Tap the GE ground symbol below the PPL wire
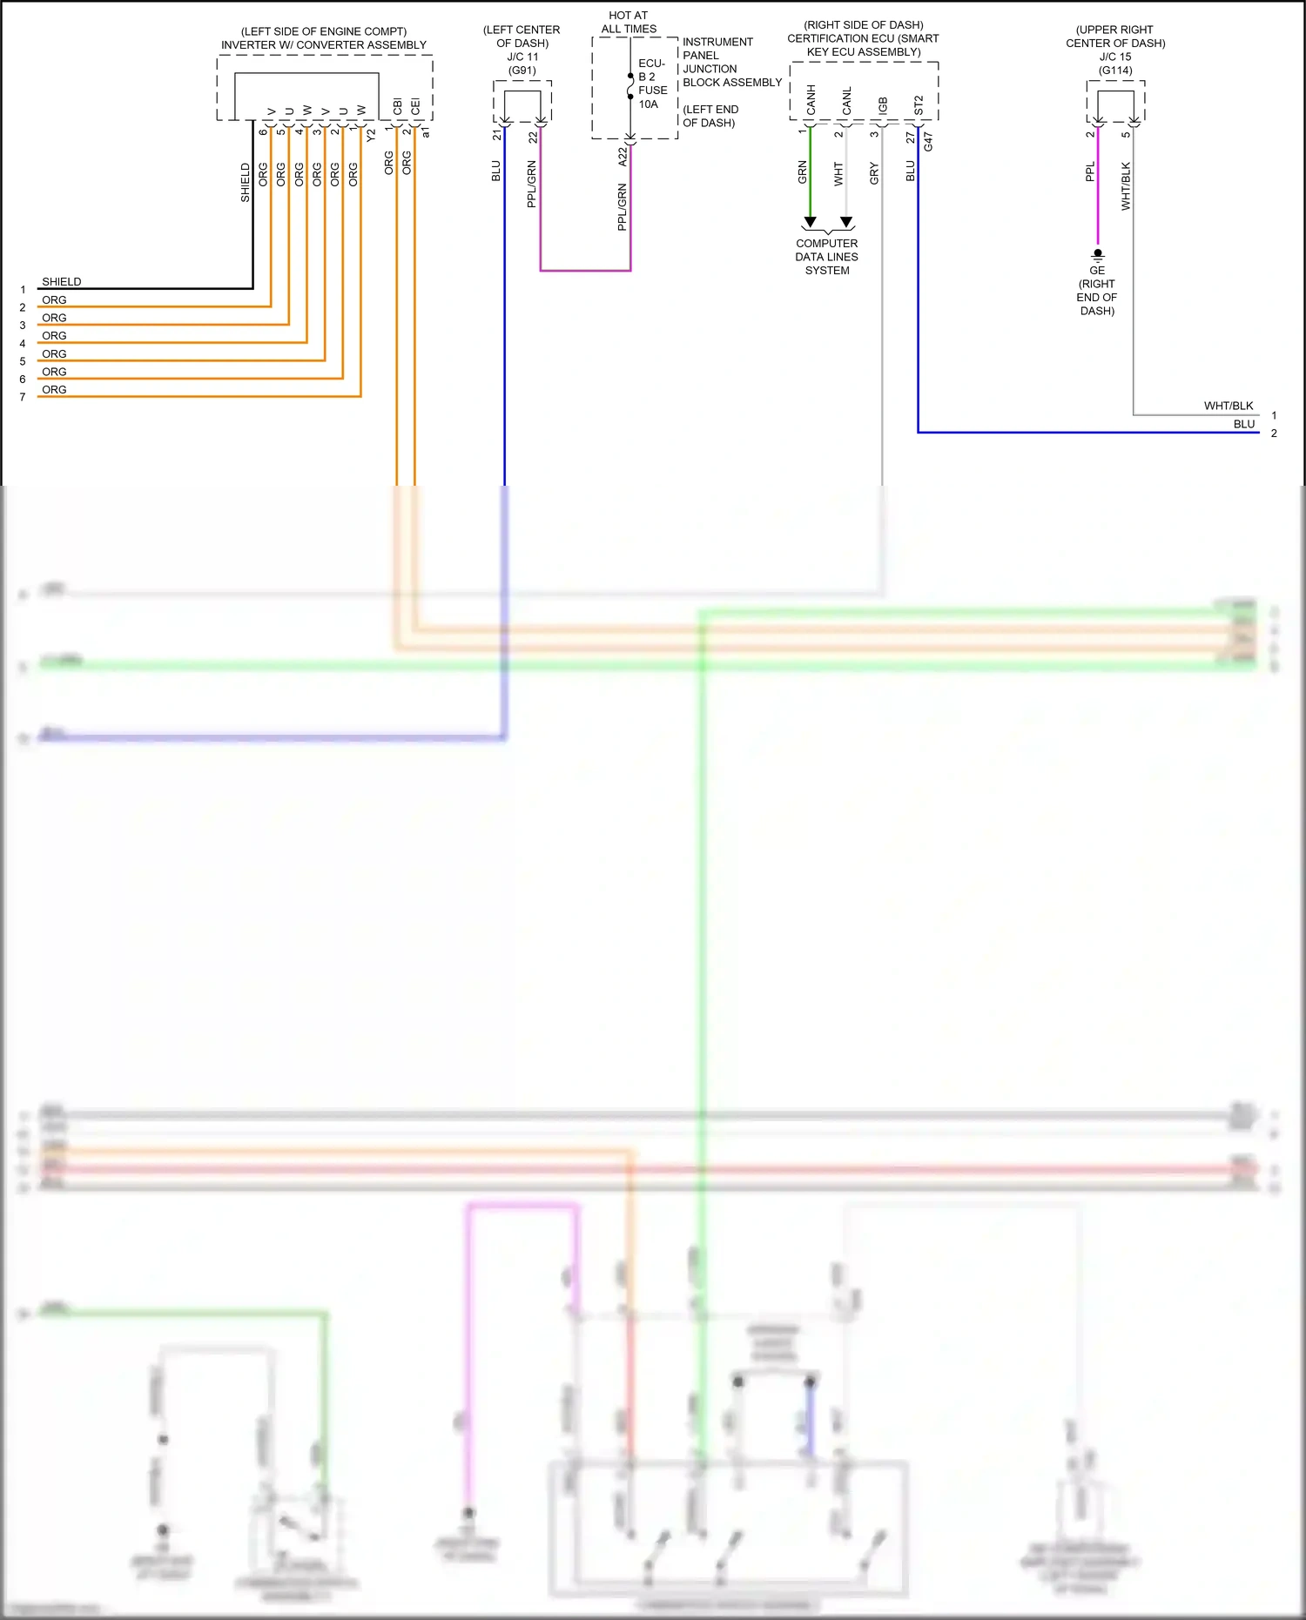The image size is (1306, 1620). [1098, 255]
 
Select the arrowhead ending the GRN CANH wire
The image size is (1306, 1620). [810, 222]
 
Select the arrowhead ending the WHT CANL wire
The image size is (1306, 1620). [846, 222]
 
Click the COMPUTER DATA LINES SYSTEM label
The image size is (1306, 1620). [826, 257]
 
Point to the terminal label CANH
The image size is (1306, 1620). [811, 100]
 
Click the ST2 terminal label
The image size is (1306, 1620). [919, 105]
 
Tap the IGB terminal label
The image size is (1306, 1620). [883, 105]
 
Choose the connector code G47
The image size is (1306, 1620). [928, 141]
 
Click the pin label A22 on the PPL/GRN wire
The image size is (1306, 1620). [623, 157]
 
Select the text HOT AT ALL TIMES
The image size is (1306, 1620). [629, 22]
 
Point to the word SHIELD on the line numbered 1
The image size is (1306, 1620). [61, 281]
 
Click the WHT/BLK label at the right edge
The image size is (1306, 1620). [1229, 406]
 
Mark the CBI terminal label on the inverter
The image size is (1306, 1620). [398, 106]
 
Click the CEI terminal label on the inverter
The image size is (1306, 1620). [415, 106]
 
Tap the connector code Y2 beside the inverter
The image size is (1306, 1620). [371, 135]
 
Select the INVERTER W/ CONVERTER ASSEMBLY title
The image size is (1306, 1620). [324, 44]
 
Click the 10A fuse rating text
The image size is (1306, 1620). [649, 104]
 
